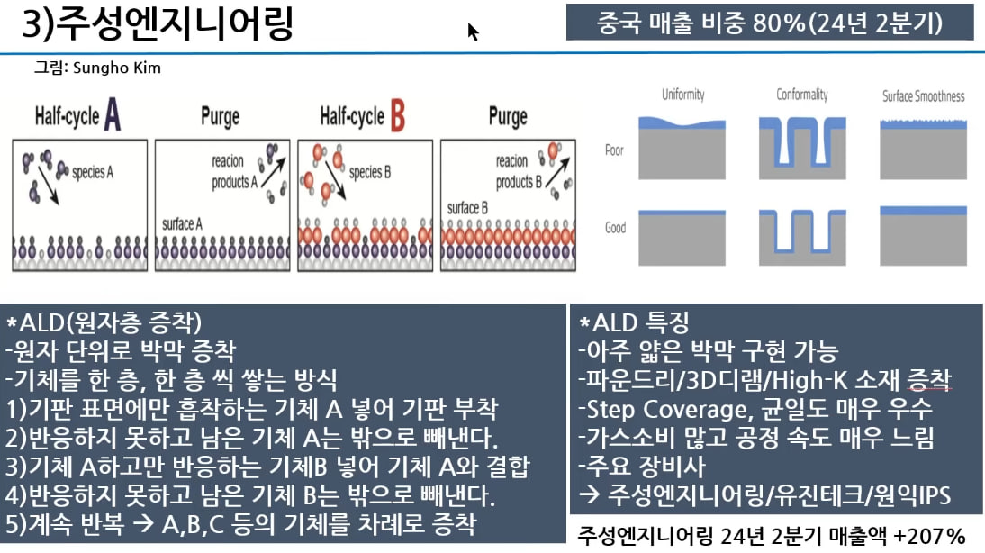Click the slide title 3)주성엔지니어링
point(158,24)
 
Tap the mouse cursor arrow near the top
point(473,32)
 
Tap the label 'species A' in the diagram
point(92,171)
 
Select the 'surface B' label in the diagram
point(467,208)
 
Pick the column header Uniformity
point(682,95)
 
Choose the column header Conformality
point(802,95)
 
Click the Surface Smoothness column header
point(923,95)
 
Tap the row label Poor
point(614,150)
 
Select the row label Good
point(616,228)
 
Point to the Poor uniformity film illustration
point(682,143)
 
